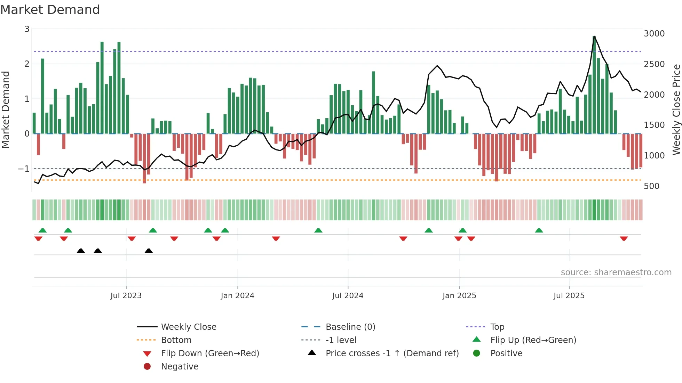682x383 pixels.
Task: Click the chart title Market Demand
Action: [50, 10]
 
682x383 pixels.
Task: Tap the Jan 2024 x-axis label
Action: [237, 296]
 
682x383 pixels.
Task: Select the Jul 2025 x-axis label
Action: [569, 296]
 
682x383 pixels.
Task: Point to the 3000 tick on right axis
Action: [654, 34]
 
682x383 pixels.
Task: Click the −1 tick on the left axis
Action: [24, 169]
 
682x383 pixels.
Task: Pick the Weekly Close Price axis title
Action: [676, 109]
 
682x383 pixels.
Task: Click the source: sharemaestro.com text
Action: [616, 272]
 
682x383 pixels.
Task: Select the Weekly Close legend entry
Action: [188, 327]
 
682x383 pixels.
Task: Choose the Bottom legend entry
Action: [176, 340]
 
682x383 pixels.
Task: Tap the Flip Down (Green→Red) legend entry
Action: [210, 353]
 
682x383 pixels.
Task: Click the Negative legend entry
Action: [180, 367]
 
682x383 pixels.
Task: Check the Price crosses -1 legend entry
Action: [392, 353]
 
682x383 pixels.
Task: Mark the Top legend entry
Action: [497, 327]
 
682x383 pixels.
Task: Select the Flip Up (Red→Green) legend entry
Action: [533, 340]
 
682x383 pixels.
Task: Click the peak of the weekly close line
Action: [594, 36]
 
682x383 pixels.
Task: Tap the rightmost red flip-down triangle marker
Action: [624, 239]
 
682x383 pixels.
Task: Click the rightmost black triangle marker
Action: [149, 251]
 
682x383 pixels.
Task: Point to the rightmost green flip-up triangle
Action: [539, 230]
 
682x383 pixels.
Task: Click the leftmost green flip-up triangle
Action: [42, 230]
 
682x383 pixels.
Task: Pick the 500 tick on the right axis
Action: [651, 186]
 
